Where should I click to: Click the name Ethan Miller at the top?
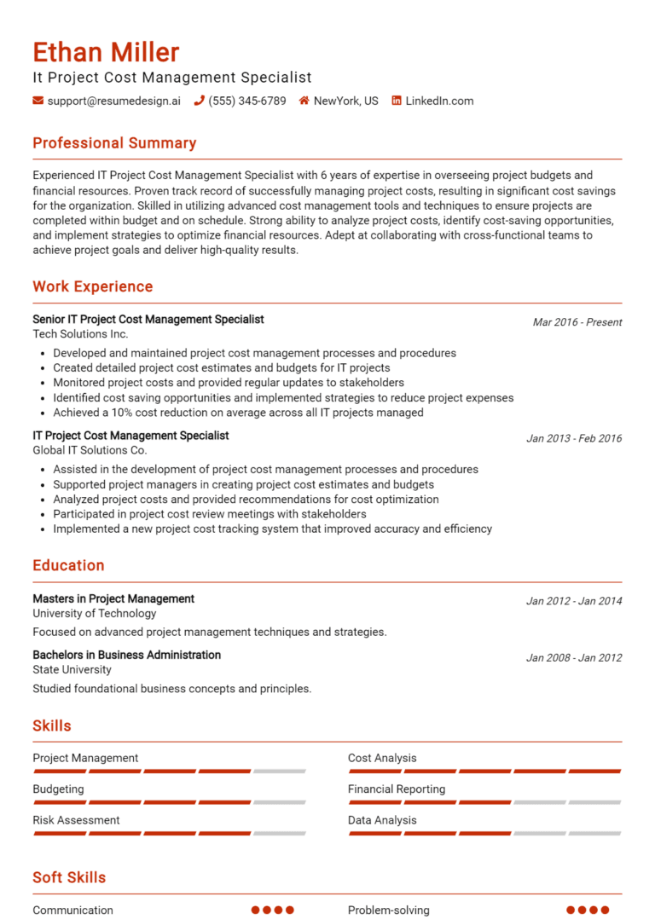(106, 53)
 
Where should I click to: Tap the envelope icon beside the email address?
(38, 101)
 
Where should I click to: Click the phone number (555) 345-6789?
(247, 101)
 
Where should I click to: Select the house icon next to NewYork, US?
(304, 101)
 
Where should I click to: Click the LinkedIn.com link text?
(438, 101)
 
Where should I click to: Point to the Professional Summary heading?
(114, 143)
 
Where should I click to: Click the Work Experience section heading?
(93, 286)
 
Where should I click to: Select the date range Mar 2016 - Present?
(577, 322)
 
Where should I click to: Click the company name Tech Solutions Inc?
(80, 334)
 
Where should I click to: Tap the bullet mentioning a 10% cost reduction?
(238, 413)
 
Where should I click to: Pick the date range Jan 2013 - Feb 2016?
(574, 438)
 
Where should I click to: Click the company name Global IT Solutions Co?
(90, 450)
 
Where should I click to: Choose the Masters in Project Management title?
(113, 598)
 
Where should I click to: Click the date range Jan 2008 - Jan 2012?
(574, 657)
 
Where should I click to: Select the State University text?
(72, 669)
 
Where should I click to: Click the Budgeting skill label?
(58, 789)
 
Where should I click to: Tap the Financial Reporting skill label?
(396, 789)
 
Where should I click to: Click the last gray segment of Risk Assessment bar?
(280, 834)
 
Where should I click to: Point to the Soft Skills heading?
(69, 877)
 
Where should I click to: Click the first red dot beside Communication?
(256, 910)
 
